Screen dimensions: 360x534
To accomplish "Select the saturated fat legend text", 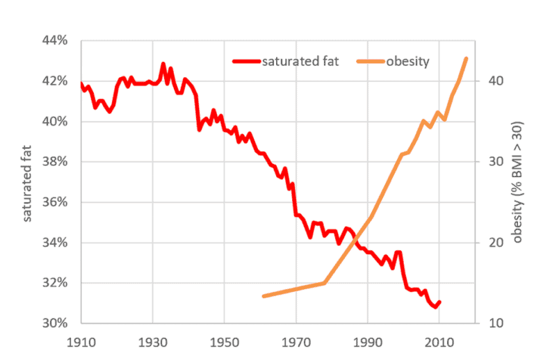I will [300, 61].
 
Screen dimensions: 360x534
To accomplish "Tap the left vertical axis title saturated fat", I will [29, 182].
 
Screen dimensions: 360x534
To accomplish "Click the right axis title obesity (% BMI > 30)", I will [517, 182].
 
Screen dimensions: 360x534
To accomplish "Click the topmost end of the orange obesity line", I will [467, 58].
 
